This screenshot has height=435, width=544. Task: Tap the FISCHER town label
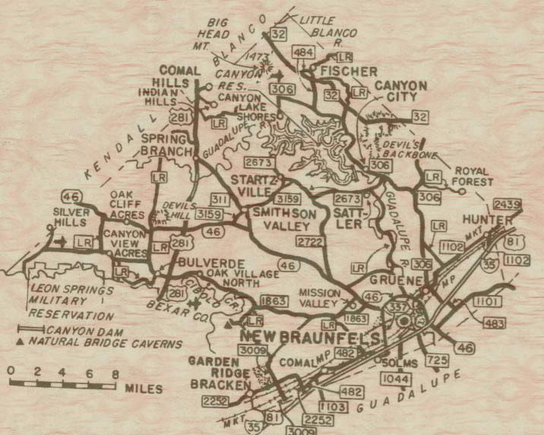tap(349, 71)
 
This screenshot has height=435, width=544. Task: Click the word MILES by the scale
tap(143, 389)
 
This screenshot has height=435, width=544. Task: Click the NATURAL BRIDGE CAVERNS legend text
tap(106, 344)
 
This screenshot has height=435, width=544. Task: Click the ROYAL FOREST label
tap(473, 176)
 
